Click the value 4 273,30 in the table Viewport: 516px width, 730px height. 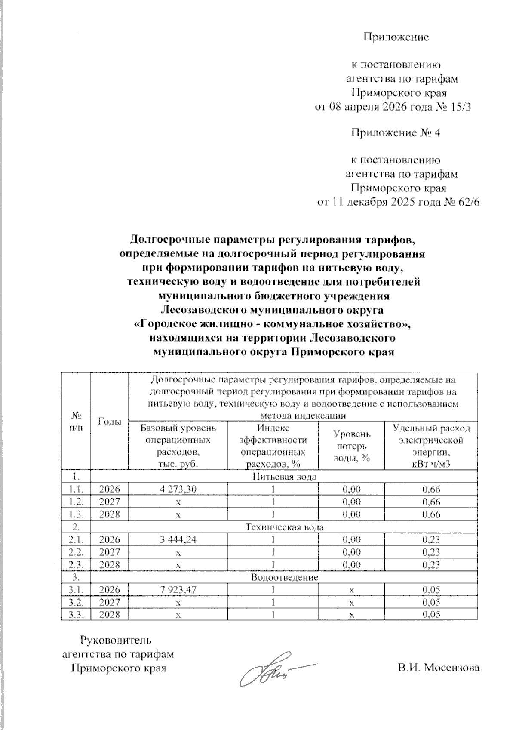(178, 489)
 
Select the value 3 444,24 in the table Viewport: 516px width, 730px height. (178, 539)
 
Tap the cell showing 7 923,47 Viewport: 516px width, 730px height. (178, 590)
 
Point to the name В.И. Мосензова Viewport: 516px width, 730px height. (438, 668)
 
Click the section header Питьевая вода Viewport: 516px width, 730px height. (284, 477)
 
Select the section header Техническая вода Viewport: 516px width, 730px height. (284, 527)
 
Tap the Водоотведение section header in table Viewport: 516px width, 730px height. (284, 577)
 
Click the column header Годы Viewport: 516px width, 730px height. (110, 422)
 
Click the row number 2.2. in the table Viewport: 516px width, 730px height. (76, 552)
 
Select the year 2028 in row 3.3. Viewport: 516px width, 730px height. (110, 615)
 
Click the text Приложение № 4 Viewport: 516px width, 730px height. (396, 133)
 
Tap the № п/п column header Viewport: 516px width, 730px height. (76, 422)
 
